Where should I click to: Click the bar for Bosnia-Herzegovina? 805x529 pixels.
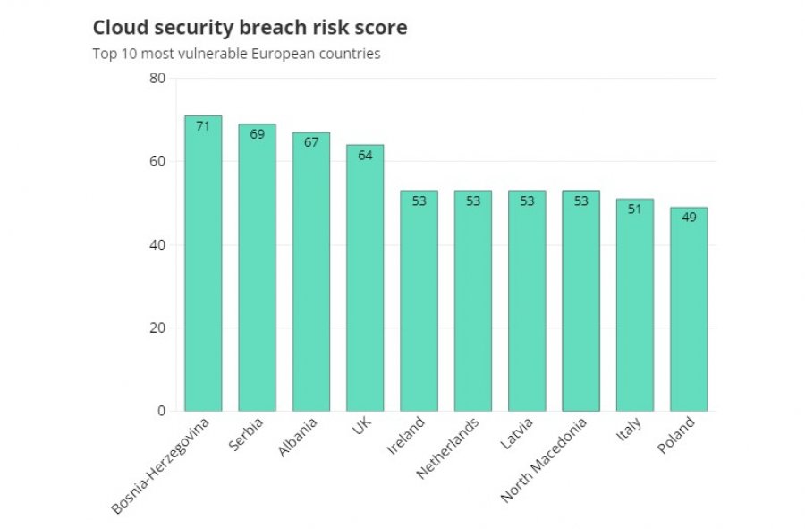tap(203, 263)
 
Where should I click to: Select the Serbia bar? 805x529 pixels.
tap(258, 268)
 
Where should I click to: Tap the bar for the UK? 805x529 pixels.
tap(365, 277)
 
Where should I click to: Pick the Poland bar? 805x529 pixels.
tap(689, 309)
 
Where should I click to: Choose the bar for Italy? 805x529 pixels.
tap(635, 305)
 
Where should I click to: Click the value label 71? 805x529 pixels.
tap(203, 126)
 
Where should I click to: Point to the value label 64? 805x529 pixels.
tap(365, 155)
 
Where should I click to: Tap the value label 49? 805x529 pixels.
tap(689, 218)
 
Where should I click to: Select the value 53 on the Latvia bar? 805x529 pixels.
tap(527, 201)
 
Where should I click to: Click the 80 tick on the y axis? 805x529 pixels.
tap(157, 78)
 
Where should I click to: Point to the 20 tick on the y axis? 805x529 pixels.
tap(157, 328)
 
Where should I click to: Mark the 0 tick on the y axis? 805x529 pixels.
tap(162, 411)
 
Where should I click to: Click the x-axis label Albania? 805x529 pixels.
tap(297, 437)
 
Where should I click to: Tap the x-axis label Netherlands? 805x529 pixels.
tap(448, 448)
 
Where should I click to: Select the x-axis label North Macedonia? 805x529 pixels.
tap(543, 460)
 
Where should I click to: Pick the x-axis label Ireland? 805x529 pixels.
tap(405, 436)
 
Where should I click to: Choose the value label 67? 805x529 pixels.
tap(311, 142)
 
